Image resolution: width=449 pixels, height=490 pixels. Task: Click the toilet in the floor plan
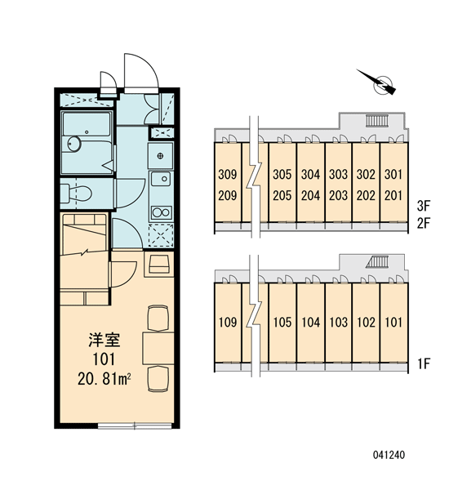click(x=76, y=194)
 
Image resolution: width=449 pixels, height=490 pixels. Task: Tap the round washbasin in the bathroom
click(x=74, y=144)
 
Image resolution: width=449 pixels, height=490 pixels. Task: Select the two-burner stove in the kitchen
click(x=161, y=212)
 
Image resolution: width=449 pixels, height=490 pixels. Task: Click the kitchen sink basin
click(x=161, y=179)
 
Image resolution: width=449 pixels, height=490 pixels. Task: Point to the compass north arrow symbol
click(x=378, y=82)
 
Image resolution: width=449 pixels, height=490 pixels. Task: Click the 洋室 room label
click(x=104, y=340)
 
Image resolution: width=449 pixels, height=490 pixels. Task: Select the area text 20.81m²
click(x=104, y=379)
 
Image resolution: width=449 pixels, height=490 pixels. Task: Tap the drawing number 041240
click(x=389, y=455)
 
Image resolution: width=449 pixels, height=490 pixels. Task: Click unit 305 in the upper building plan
click(x=282, y=175)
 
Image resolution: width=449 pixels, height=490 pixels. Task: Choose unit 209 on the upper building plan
click(x=228, y=196)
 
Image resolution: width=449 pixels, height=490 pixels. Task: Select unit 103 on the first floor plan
click(x=339, y=323)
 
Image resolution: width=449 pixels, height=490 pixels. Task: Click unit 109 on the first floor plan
click(x=228, y=323)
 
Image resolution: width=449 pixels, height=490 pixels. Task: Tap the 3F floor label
click(x=424, y=206)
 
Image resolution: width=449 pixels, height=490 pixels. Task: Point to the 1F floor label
click(x=424, y=363)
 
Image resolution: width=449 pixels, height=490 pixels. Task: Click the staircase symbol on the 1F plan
click(x=377, y=262)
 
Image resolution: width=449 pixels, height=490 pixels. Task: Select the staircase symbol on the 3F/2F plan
click(x=377, y=121)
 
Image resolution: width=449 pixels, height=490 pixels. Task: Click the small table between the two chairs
click(x=158, y=349)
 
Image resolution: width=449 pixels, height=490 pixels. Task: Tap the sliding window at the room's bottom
click(x=135, y=425)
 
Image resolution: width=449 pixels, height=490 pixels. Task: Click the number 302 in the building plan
click(x=366, y=175)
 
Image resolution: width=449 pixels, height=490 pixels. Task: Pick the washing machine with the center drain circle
click(x=161, y=156)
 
